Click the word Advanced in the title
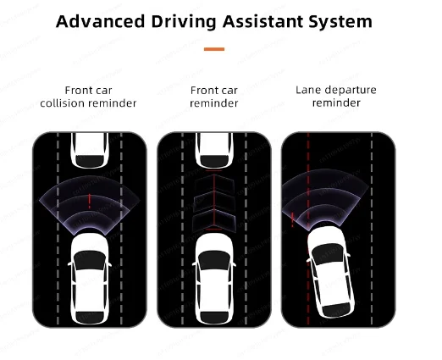tap(100, 21)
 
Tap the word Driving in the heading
tap(184, 22)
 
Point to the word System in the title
tap(340, 22)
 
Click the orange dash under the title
tap(214, 49)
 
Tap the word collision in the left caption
tap(61, 103)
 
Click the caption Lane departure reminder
tap(336, 97)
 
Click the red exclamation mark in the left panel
tap(90, 201)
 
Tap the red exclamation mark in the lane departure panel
tap(292, 219)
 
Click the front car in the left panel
tap(90, 151)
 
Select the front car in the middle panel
tap(214, 151)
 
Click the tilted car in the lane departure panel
tap(330, 272)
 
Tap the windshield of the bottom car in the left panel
tap(90, 260)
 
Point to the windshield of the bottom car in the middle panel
tap(214, 260)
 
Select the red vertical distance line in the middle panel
tap(214, 200)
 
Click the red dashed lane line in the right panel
tap(308, 229)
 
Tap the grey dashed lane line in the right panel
tap(372, 229)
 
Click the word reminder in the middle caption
tap(214, 103)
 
